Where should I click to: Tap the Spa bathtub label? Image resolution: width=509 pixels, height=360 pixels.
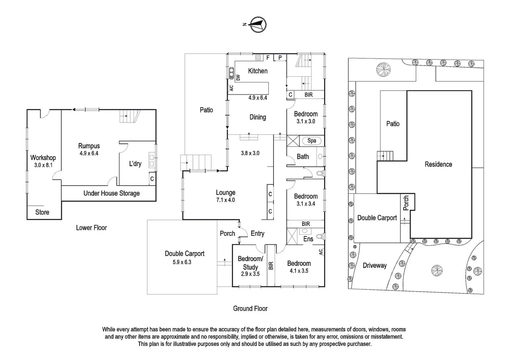click(x=311, y=140)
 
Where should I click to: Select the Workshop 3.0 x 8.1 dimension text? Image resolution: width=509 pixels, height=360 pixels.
click(x=43, y=165)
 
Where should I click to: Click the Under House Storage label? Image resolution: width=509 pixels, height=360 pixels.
click(x=111, y=193)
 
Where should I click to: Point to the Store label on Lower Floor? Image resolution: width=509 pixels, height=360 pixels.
click(x=42, y=212)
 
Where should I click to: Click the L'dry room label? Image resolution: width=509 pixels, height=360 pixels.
click(x=135, y=164)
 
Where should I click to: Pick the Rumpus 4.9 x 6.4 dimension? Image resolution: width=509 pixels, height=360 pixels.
click(x=89, y=153)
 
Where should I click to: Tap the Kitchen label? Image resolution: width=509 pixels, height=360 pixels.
click(x=257, y=71)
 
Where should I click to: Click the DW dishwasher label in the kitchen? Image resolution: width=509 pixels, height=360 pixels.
click(x=238, y=77)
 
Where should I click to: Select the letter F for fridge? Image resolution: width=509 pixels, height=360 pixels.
click(x=268, y=58)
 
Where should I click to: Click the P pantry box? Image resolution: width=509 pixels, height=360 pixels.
click(x=280, y=58)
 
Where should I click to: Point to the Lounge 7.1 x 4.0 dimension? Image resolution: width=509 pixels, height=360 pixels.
click(x=226, y=200)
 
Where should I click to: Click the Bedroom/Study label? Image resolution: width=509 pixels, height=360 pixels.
click(x=250, y=263)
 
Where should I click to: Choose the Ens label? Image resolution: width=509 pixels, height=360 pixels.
click(x=308, y=239)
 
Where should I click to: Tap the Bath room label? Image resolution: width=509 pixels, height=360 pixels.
click(x=302, y=156)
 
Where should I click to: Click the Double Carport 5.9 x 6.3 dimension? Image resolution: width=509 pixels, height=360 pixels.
click(x=182, y=262)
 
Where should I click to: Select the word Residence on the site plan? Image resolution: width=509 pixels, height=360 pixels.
click(x=438, y=164)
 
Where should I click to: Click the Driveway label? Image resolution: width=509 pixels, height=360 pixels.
click(x=374, y=265)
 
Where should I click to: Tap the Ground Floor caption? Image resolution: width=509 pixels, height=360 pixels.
click(x=250, y=308)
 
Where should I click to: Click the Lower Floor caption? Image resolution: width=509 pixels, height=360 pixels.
click(x=91, y=228)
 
